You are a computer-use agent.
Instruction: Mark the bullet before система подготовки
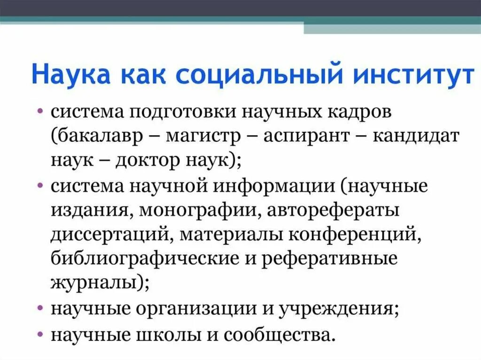[42, 113]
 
